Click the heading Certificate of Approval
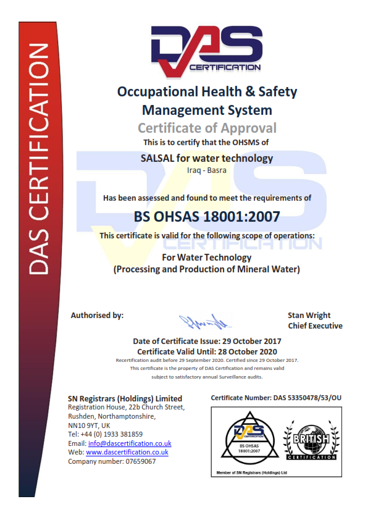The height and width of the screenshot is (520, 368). click(207, 128)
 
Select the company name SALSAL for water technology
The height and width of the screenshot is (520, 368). click(207, 158)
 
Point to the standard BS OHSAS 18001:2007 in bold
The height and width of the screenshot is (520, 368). click(207, 217)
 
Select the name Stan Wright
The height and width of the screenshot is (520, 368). click(309, 315)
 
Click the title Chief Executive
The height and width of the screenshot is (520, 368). click(315, 325)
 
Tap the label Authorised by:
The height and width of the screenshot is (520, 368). click(97, 315)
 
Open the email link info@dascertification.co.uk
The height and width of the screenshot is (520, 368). click(130, 443)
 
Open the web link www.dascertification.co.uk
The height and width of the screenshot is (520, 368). click(127, 452)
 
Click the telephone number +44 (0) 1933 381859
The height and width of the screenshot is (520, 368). click(112, 434)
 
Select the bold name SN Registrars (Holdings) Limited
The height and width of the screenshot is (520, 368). click(125, 398)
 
